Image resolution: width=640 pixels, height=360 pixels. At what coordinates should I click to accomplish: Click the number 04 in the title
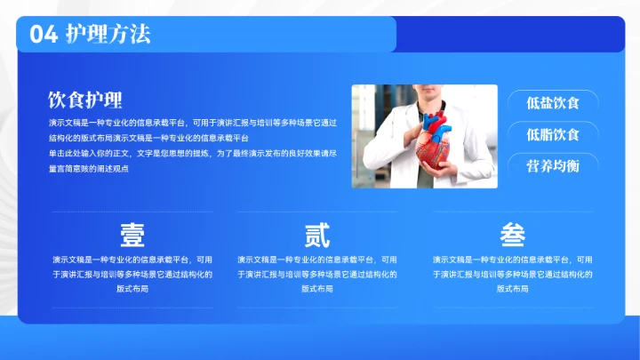(x=44, y=34)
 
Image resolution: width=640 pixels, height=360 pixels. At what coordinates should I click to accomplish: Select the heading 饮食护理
(x=85, y=99)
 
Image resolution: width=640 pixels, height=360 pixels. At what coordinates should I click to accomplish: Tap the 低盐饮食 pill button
(x=552, y=102)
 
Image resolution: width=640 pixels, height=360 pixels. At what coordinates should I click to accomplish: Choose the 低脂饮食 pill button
(x=552, y=134)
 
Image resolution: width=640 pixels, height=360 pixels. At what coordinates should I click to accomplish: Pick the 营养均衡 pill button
(x=552, y=166)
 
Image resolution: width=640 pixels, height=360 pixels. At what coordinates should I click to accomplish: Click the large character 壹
(x=132, y=235)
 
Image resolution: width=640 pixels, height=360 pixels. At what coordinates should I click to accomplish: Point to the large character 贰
(x=317, y=235)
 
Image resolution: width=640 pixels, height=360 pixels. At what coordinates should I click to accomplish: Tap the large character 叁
(x=513, y=235)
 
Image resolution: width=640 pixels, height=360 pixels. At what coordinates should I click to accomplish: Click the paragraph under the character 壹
(x=132, y=275)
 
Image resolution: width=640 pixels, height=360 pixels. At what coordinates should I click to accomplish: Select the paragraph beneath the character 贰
(x=317, y=275)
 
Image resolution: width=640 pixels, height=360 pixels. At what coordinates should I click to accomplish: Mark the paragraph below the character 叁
(x=513, y=275)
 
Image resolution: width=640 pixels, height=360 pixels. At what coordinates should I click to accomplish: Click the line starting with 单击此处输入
(x=193, y=154)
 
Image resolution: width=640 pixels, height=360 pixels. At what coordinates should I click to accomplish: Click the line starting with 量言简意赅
(x=89, y=169)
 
